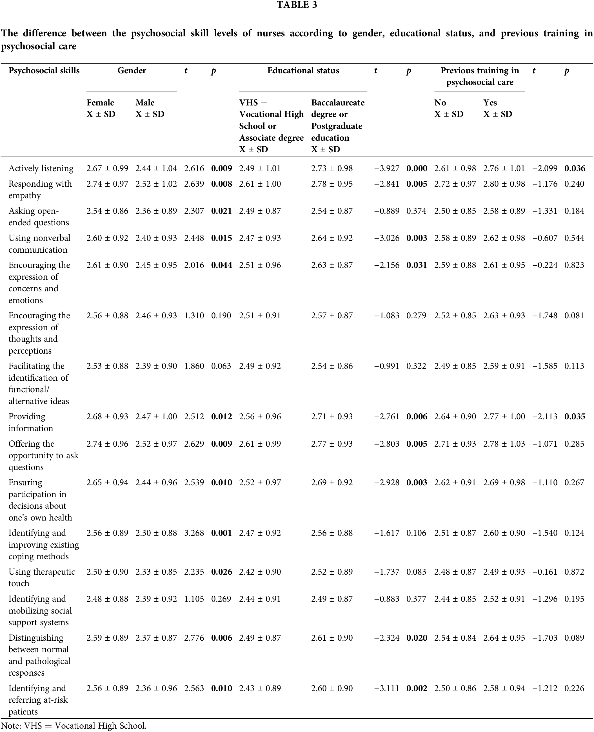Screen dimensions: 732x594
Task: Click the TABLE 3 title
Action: [x=297, y=5]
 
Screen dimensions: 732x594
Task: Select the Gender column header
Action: [x=132, y=70]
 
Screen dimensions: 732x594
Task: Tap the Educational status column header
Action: [x=303, y=70]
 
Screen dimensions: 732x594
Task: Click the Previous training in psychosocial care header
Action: [x=480, y=76]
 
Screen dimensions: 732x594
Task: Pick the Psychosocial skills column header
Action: [x=44, y=70]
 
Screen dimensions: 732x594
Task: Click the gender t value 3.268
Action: [x=194, y=533]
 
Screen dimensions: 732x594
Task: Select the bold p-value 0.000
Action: [x=417, y=169]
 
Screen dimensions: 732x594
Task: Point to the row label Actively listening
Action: [x=41, y=169]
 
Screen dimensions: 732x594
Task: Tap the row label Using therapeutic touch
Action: [x=42, y=577]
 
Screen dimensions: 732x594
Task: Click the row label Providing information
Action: [x=31, y=422]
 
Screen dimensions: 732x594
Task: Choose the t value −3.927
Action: [x=387, y=169]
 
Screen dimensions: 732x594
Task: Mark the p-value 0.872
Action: [x=574, y=572]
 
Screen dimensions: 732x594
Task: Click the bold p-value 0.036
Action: [x=575, y=169]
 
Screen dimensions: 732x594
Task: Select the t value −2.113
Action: [x=545, y=416]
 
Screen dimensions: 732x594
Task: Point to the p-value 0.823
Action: [x=574, y=265]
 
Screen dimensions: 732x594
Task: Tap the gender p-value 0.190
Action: [x=221, y=316]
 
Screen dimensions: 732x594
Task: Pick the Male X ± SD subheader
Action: [x=150, y=108]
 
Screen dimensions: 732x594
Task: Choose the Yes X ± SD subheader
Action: [x=497, y=108]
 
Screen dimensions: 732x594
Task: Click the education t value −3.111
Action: [x=387, y=689]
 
